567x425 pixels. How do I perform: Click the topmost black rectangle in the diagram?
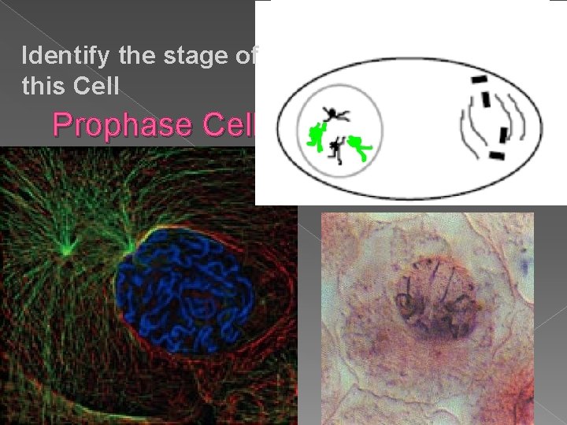(x=479, y=80)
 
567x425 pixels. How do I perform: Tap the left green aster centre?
(x=66, y=250)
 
